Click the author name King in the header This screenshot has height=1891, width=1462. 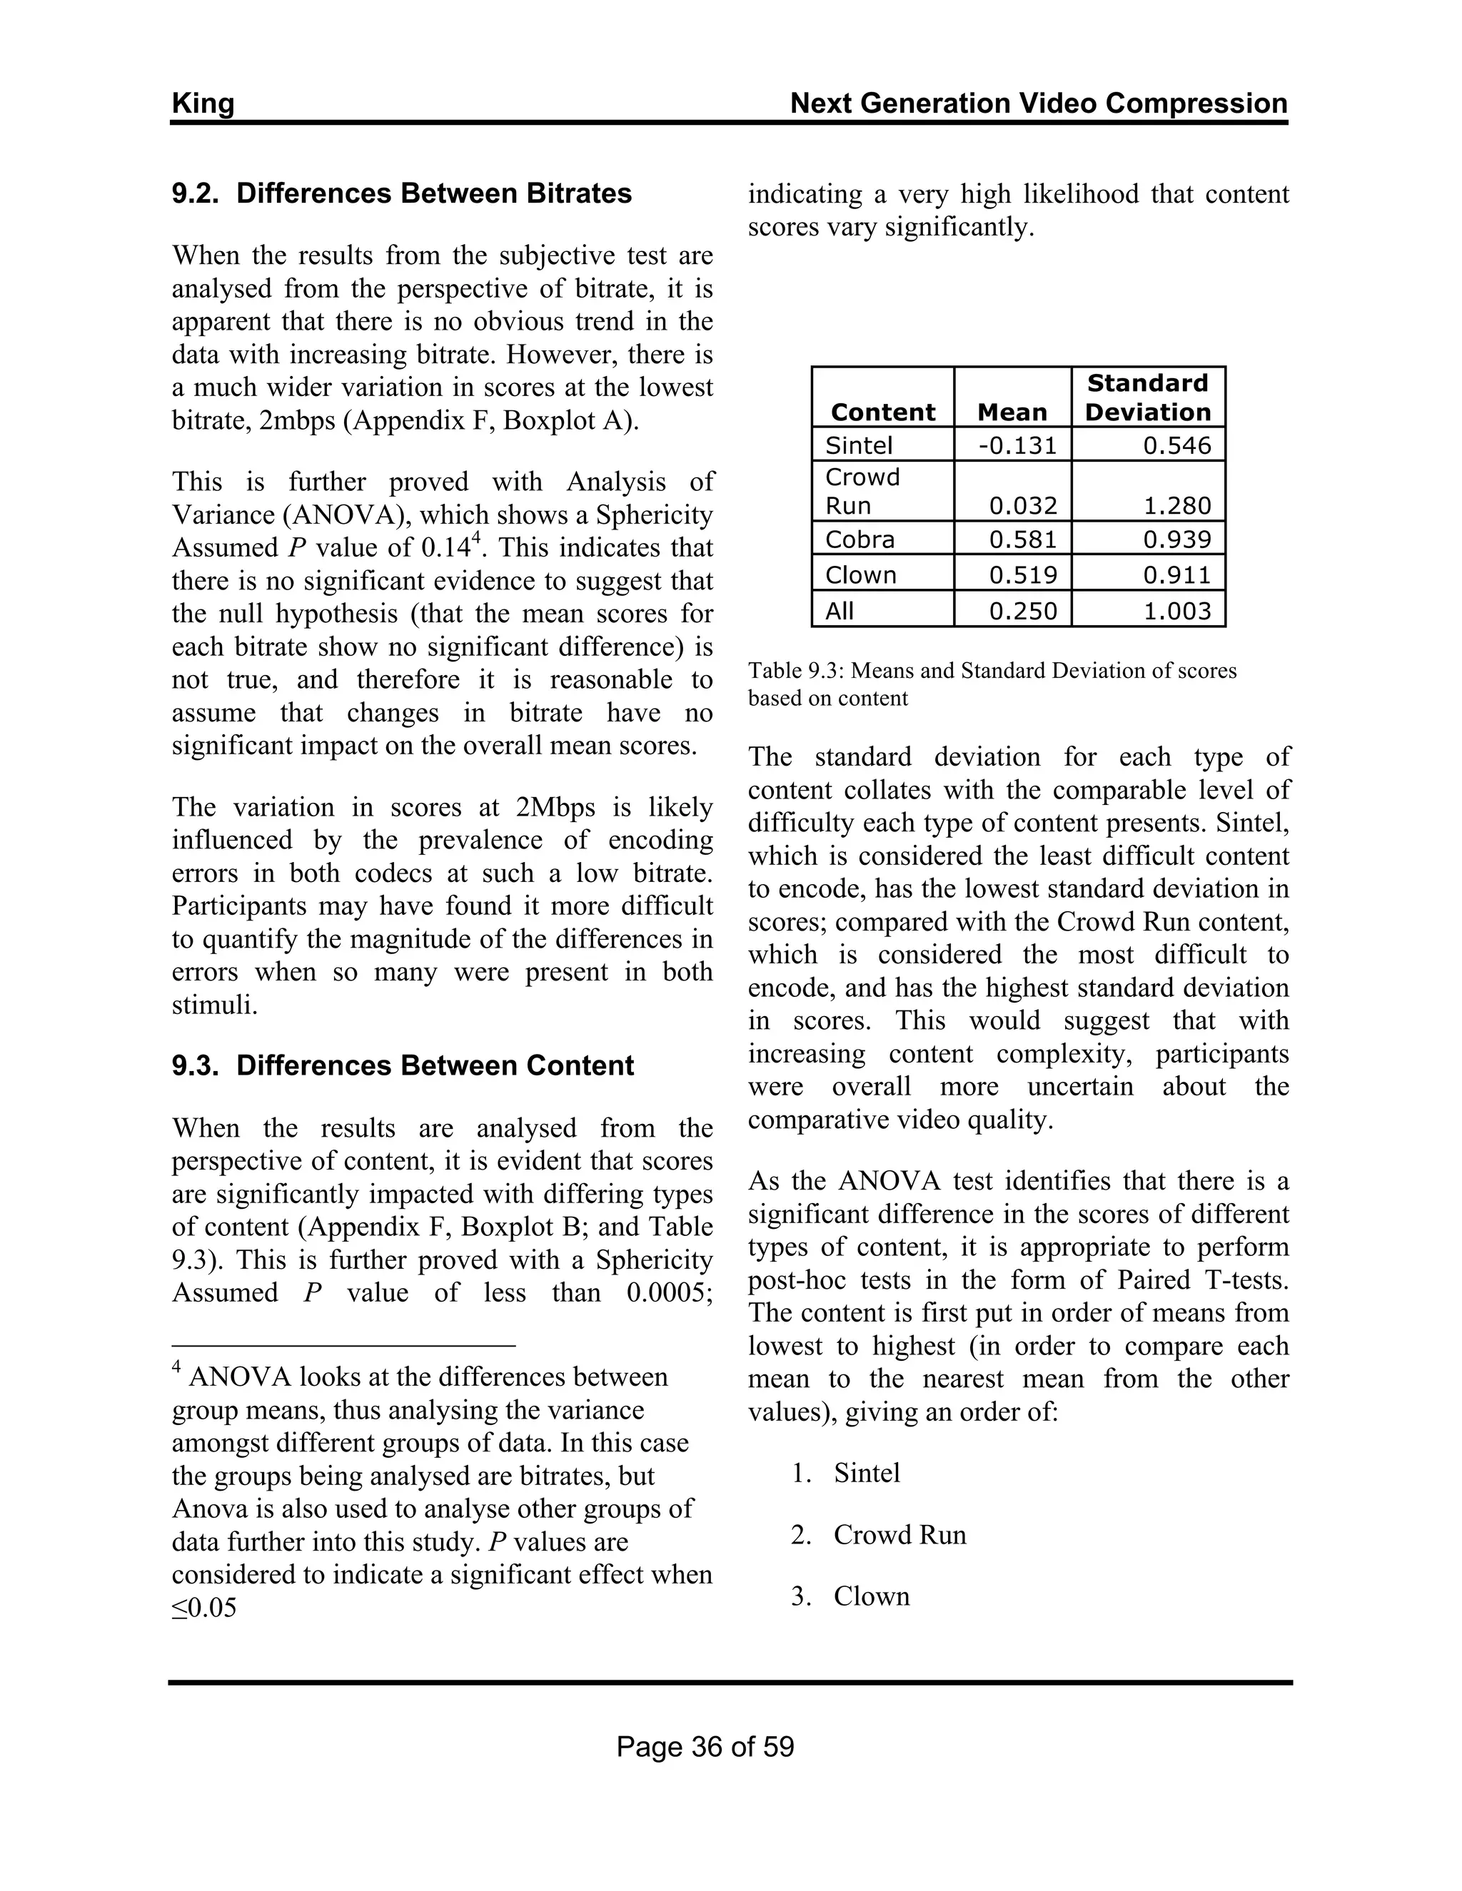click(x=203, y=104)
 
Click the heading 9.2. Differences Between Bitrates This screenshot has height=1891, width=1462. click(x=402, y=193)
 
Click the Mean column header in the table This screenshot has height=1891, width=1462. click(x=1012, y=412)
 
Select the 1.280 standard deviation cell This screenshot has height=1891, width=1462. click(x=1176, y=506)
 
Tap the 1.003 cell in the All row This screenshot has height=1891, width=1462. click(x=1176, y=612)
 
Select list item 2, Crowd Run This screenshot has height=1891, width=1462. click(x=899, y=1535)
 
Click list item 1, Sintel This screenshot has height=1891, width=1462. click(x=866, y=1474)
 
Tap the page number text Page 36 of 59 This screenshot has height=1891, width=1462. click(x=705, y=1748)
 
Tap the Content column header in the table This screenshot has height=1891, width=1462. click(x=882, y=412)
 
